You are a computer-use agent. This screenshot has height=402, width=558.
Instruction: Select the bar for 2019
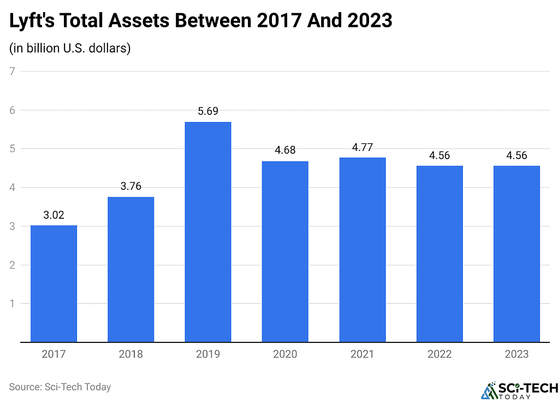(x=208, y=232)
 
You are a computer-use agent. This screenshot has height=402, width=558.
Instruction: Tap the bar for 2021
(x=363, y=249)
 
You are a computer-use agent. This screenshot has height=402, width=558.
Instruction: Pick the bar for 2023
(x=517, y=254)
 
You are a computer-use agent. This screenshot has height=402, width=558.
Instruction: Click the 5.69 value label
(x=208, y=111)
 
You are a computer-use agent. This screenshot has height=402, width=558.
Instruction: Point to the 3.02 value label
(x=54, y=215)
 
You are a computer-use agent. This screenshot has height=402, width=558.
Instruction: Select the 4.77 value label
(x=363, y=147)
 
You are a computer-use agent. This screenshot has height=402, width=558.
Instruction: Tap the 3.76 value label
(x=130, y=187)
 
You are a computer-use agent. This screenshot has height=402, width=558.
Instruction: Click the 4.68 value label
(x=285, y=150)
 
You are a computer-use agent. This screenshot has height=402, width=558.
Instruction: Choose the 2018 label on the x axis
(x=130, y=354)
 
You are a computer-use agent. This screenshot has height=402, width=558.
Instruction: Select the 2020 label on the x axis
(x=285, y=354)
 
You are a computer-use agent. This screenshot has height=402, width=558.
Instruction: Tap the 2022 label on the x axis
(x=440, y=354)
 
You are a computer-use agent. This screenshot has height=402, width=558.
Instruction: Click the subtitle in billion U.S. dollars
(x=69, y=48)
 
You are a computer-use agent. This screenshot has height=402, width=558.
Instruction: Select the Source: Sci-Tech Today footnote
(x=60, y=387)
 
